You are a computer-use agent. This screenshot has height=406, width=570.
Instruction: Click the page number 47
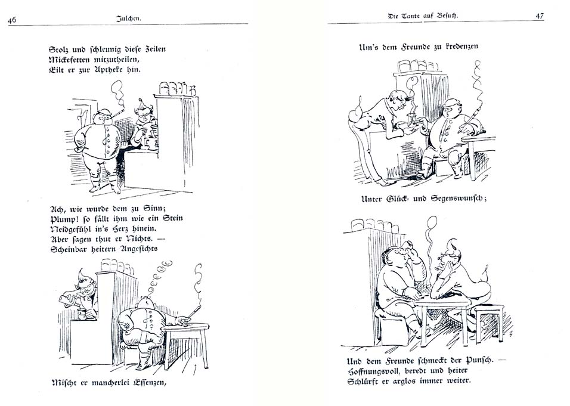click(x=539, y=16)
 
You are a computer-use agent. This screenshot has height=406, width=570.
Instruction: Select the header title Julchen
click(x=129, y=18)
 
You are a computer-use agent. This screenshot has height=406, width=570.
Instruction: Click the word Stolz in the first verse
click(x=60, y=49)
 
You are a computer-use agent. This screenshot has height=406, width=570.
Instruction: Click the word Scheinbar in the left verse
click(x=70, y=249)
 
